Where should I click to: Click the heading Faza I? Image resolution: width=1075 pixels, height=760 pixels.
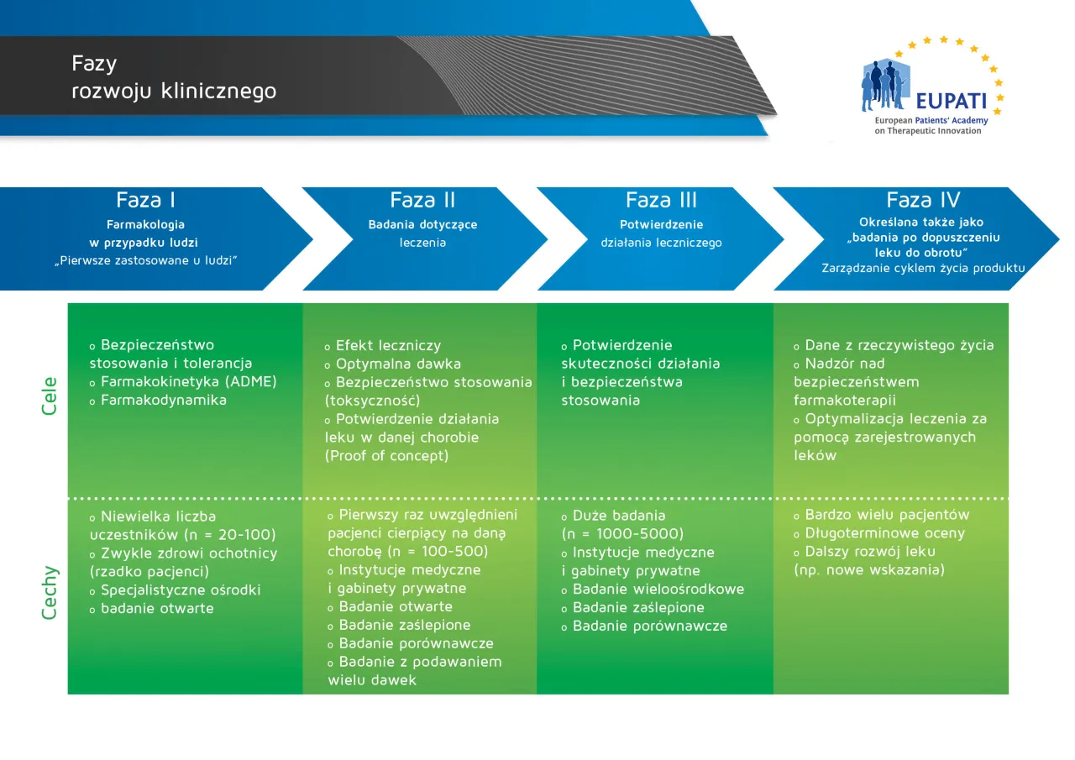pyautogui.click(x=146, y=201)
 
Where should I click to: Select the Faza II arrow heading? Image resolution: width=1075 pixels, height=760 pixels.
pyautogui.click(x=422, y=201)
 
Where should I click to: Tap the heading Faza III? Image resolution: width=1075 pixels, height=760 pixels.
pyautogui.click(x=661, y=201)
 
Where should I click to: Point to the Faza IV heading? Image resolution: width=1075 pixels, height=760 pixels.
pyautogui.click(x=923, y=201)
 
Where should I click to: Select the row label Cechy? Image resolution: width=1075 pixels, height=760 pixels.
pyautogui.click(x=50, y=593)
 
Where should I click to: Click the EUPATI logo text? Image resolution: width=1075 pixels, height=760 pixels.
pyautogui.click(x=951, y=101)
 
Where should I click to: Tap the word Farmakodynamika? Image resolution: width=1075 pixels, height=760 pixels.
pyautogui.click(x=164, y=401)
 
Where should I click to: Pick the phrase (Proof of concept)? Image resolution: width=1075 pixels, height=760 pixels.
pyautogui.click(x=386, y=456)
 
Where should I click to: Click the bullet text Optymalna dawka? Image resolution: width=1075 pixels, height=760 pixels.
pyautogui.click(x=398, y=364)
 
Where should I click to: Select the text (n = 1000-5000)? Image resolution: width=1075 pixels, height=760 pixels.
pyautogui.click(x=622, y=534)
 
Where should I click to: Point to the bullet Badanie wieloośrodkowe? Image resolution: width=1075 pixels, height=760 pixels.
pyautogui.click(x=658, y=590)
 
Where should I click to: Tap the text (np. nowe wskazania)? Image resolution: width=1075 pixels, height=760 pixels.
pyautogui.click(x=869, y=570)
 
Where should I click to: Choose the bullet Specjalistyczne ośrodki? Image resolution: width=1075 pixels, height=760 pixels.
pyautogui.click(x=181, y=590)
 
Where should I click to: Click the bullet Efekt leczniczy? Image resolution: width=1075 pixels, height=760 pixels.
pyautogui.click(x=388, y=345)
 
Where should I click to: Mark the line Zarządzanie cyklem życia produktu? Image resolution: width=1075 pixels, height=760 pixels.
pyautogui.click(x=923, y=268)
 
